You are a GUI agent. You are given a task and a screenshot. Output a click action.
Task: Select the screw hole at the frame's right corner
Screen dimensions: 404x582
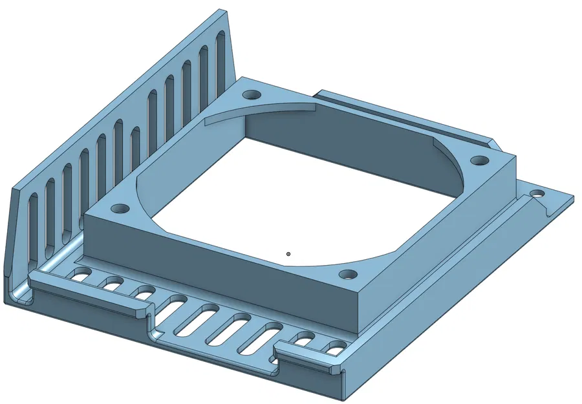point(479,160)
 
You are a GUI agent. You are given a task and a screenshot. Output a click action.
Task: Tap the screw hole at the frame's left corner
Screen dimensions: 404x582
point(120,209)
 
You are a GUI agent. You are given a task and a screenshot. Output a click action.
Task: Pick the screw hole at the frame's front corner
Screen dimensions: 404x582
point(348,275)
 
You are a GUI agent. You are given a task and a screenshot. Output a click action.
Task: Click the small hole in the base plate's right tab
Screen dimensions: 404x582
point(536,193)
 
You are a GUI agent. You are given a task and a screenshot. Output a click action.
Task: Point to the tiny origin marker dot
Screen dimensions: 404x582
point(288,254)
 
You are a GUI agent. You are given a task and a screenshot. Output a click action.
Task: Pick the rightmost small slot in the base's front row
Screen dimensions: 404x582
point(335,350)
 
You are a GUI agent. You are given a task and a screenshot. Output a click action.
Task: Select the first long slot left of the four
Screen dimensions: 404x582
point(178,304)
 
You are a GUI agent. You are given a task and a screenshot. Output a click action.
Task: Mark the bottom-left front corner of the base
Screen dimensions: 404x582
point(14,301)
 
